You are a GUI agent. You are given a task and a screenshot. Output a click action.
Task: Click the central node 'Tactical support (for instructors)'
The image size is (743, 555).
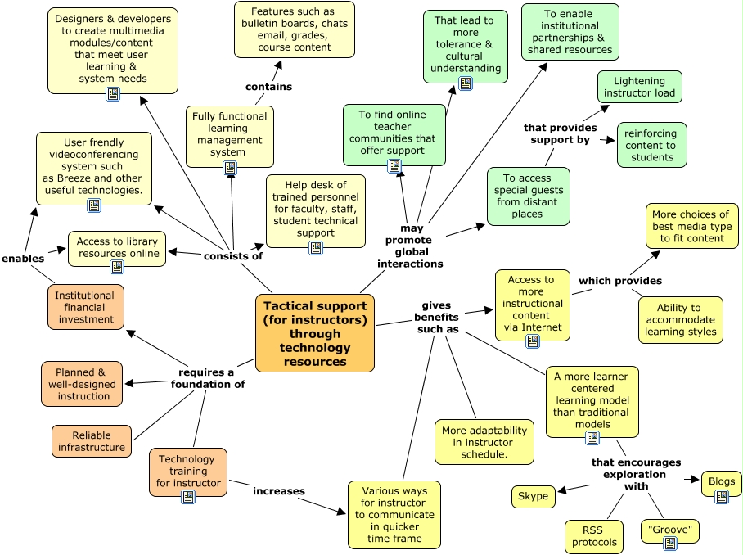coord(315,333)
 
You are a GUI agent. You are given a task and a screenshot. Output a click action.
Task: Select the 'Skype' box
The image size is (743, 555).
coord(533,496)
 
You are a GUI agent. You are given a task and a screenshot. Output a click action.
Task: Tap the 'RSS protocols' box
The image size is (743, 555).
coord(592,536)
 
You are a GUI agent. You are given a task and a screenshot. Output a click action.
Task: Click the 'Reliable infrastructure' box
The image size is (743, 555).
coord(92,441)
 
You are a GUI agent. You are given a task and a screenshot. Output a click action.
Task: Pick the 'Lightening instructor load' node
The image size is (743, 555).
coord(639,87)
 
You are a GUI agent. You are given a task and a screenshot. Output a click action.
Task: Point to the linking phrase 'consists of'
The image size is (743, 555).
coord(233,256)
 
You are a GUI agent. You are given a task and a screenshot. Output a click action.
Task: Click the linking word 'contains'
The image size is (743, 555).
coord(268,87)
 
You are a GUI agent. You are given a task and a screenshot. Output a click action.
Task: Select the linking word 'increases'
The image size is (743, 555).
coord(278,491)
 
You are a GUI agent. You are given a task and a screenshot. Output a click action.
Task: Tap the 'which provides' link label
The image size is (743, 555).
coord(619,281)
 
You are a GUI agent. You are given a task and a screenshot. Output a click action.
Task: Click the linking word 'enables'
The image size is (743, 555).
coord(23,259)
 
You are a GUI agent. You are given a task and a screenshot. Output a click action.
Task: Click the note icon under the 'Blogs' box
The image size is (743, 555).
coord(722,497)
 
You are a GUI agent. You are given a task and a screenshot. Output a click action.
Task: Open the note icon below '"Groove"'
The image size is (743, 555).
coord(670,544)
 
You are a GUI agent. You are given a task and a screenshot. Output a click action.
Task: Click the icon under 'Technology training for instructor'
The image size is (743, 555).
coord(188,497)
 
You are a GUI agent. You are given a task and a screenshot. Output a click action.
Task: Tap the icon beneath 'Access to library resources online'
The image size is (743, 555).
coord(116,267)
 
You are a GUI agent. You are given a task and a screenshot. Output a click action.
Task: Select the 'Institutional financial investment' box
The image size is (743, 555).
coord(86,307)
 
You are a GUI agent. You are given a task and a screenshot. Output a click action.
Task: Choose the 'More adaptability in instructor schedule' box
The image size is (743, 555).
coord(484,442)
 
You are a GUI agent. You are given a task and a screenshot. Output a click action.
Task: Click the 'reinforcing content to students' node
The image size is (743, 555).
coord(651,145)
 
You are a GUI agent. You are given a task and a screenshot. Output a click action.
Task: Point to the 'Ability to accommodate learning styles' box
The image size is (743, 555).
coord(681,320)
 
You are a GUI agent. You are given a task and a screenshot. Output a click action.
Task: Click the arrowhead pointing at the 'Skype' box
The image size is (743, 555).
coord(562,490)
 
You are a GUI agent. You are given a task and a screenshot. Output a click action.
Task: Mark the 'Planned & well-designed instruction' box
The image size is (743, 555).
coord(82,385)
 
